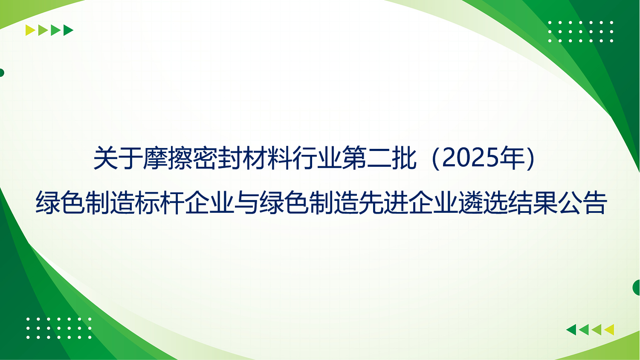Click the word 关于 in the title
coord(118,158)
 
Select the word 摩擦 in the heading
coord(168,158)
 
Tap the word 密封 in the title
coord(217,158)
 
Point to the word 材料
coord(267,158)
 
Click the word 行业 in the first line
coord(316,158)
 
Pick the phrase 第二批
coord(379,158)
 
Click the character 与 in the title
coord(247,203)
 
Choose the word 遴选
coord(483,203)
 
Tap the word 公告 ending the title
coord(582,203)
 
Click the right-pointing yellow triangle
coord(30,30)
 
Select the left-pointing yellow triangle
coord(609,330)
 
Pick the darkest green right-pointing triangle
coord(68,30)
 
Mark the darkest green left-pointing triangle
coord(571,330)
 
